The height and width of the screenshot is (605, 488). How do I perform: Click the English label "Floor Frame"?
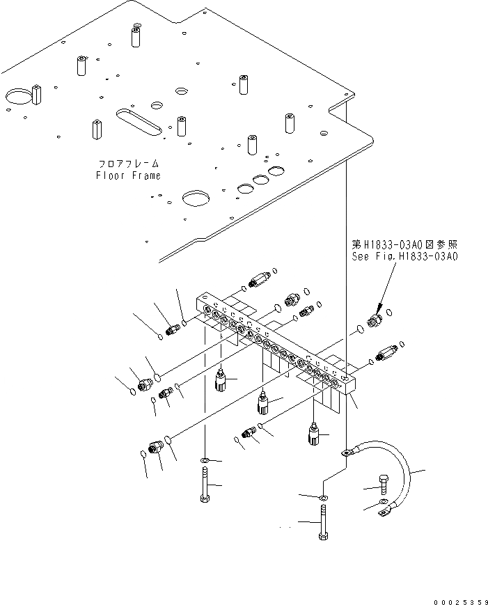tap(128, 175)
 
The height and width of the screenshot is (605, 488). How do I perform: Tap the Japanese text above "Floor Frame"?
tap(128, 164)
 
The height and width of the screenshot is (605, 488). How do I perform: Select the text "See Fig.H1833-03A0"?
tap(404, 256)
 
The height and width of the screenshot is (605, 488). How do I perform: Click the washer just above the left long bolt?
tap(205, 461)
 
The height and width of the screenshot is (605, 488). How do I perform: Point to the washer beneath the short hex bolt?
tap(385, 503)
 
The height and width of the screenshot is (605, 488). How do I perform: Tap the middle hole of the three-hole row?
tap(260, 180)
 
